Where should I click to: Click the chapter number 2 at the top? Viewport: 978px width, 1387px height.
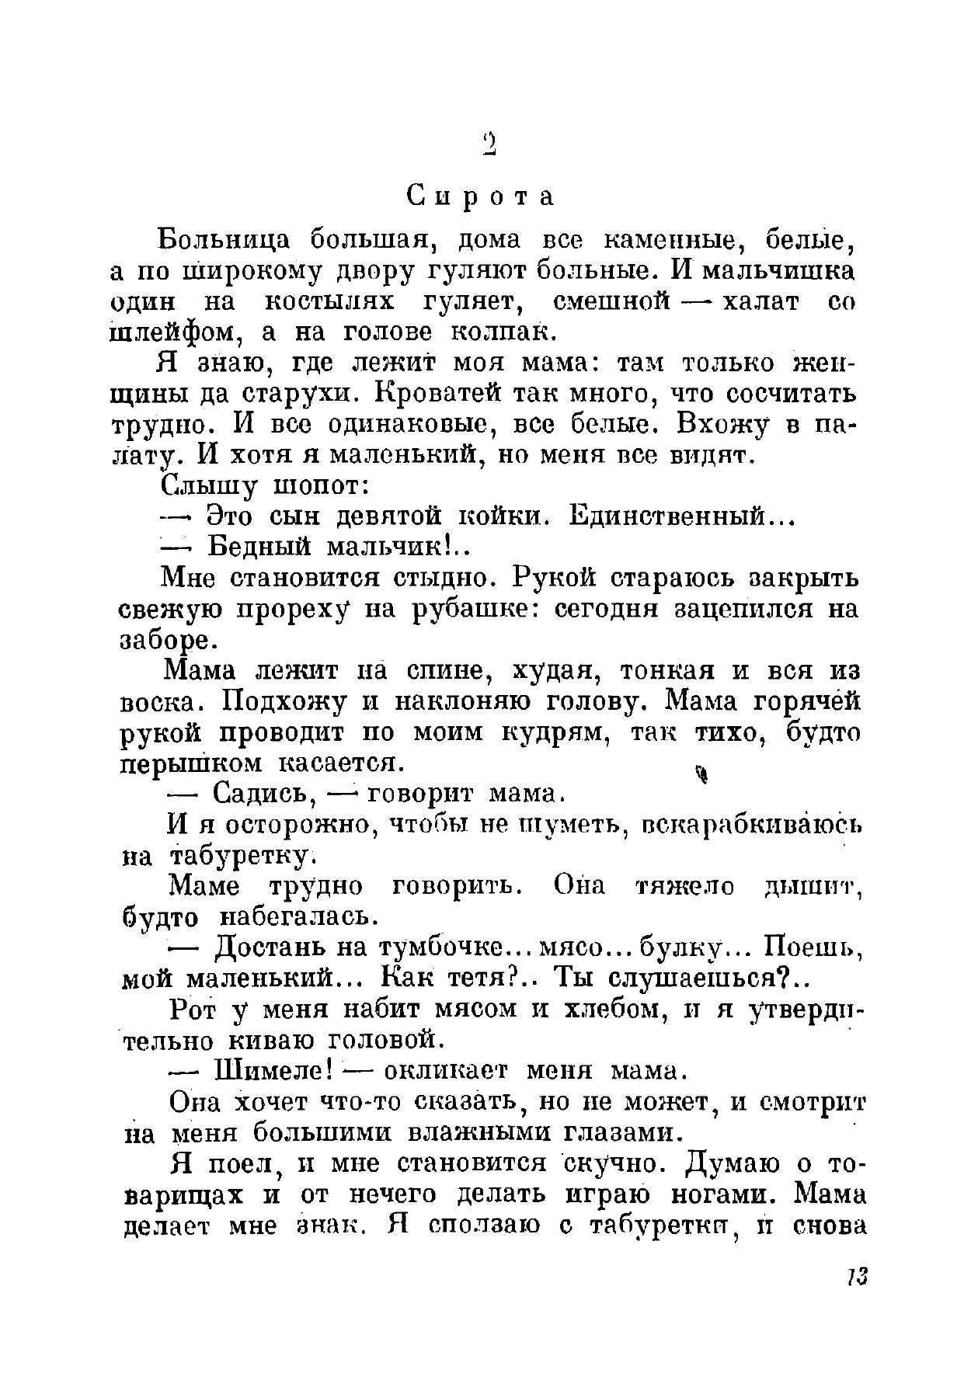[x=489, y=144]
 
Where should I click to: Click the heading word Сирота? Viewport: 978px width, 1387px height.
[x=482, y=197]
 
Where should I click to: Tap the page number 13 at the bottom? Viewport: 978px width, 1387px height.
[x=857, y=1276]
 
